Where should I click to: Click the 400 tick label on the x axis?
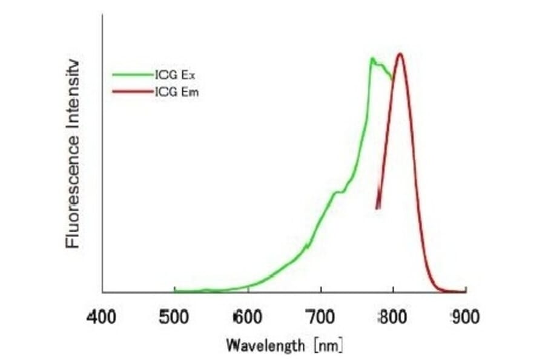102,317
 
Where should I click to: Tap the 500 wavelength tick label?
174,317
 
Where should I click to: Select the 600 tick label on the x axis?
248,317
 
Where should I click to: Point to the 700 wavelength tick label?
321,317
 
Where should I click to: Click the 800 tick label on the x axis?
393,317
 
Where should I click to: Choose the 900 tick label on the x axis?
465,317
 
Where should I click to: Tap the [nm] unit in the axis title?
328,346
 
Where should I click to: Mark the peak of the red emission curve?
400,53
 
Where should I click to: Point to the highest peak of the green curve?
372,58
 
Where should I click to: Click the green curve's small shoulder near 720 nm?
336,193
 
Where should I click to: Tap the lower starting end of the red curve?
377,208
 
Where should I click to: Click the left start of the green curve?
175,291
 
